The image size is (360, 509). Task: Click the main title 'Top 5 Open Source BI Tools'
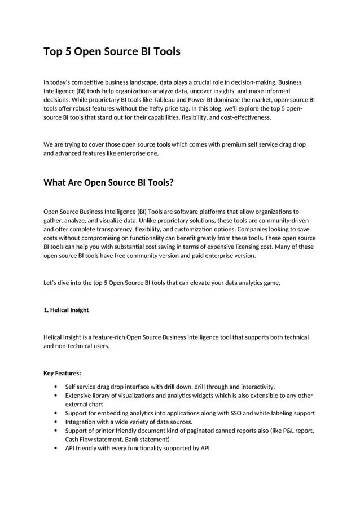click(112, 52)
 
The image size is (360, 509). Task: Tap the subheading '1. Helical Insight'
click(66, 310)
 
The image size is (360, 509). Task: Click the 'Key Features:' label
click(62, 373)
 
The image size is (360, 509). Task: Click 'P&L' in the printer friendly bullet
click(281, 431)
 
